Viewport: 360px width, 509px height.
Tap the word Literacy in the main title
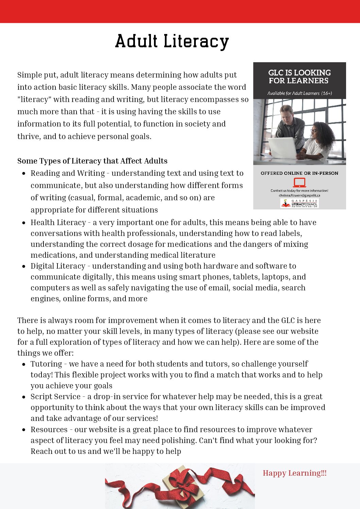pyautogui.click(x=196, y=41)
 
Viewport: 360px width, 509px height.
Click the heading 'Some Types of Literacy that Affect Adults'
pyautogui.click(x=92, y=161)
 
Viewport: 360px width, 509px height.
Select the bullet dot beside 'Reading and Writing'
pyautogui.click(x=24, y=173)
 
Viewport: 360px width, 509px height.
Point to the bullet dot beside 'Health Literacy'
pyautogui.click(x=24, y=223)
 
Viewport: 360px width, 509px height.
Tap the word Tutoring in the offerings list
pyautogui.click(x=46, y=364)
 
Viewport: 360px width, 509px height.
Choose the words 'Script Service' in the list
pyautogui.click(x=55, y=396)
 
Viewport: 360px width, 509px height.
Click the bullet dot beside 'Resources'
pyautogui.click(x=24, y=430)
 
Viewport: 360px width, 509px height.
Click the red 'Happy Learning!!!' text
pyautogui.click(x=294, y=473)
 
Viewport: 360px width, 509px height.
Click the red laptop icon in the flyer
pyautogui.click(x=299, y=183)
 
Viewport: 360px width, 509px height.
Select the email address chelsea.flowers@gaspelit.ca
pyautogui.click(x=299, y=196)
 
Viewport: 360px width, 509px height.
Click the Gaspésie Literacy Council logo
pyautogui.click(x=299, y=203)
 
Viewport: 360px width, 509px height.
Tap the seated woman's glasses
pyautogui.click(x=314, y=131)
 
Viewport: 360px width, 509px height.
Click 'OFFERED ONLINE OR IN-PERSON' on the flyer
pyautogui.click(x=299, y=173)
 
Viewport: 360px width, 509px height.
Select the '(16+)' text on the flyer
pyautogui.click(x=326, y=93)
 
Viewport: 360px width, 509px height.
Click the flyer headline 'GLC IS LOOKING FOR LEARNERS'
pyautogui.click(x=299, y=77)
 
